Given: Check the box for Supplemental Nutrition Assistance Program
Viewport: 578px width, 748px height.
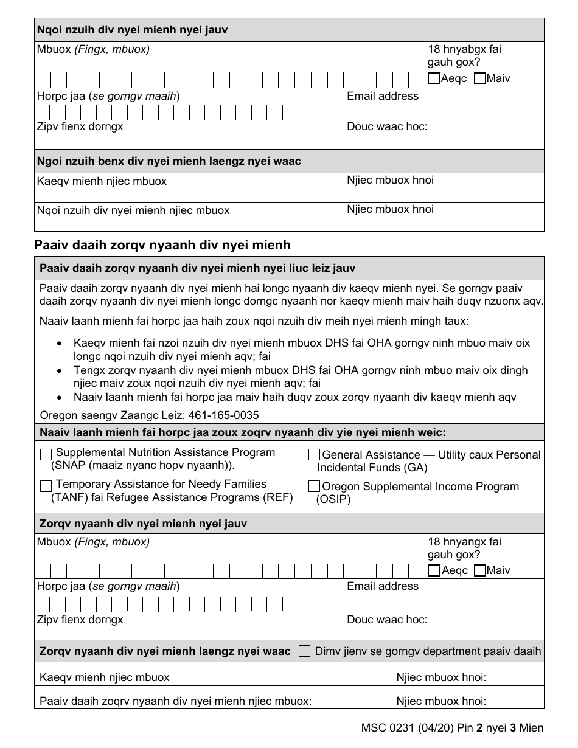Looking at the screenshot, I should pyautogui.click(x=46, y=455).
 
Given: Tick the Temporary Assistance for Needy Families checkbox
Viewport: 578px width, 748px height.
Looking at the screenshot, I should pyautogui.click(x=46, y=487).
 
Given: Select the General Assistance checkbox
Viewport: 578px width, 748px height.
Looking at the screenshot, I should pyautogui.click(x=314, y=455).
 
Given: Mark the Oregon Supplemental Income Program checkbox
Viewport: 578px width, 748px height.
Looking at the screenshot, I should pyautogui.click(x=314, y=487).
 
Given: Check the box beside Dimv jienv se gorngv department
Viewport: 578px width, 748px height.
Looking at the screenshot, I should pyautogui.click(x=305, y=651).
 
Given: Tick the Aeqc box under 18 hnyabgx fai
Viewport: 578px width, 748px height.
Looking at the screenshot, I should pyautogui.click(x=434, y=78).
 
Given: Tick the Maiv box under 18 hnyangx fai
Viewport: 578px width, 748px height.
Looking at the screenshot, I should pyautogui.click(x=479, y=570).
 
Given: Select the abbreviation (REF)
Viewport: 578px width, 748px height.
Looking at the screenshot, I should pyautogui.click(x=279, y=497).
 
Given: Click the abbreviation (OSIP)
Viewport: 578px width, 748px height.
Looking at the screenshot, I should pyautogui.click(x=333, y=499).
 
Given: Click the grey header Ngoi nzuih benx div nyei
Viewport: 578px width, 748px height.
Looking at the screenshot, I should pyautogui.click(x=169, y=161).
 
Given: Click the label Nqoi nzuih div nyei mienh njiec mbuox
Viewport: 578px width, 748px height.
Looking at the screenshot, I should pyautogui.click(x=133, y=210).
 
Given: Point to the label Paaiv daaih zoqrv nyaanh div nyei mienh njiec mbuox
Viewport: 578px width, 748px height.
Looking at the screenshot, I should pyautogui.click(x=176, y=701).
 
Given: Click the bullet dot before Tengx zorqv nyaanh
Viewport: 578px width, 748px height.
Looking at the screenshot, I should pyautogui.click(x=58, y=370).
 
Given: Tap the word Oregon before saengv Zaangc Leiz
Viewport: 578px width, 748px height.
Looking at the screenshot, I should pyautogui.click(x=58, y=415).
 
